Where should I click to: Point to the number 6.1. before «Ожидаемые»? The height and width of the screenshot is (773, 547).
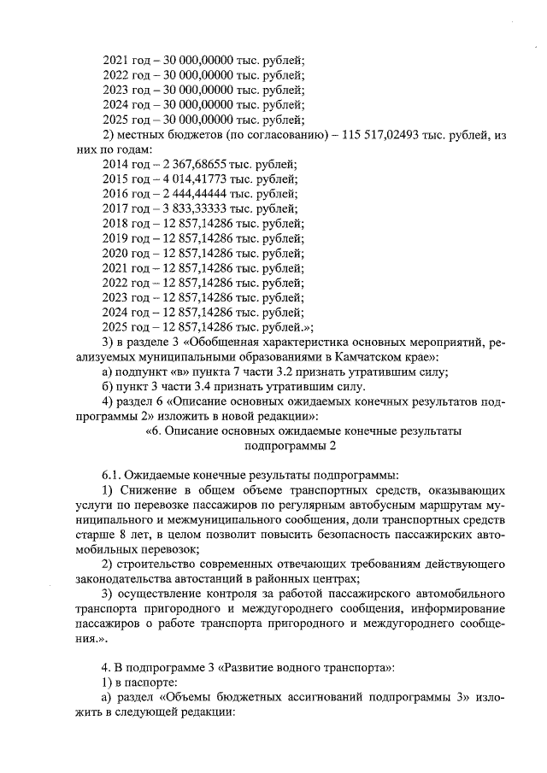[x=112, y=475]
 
